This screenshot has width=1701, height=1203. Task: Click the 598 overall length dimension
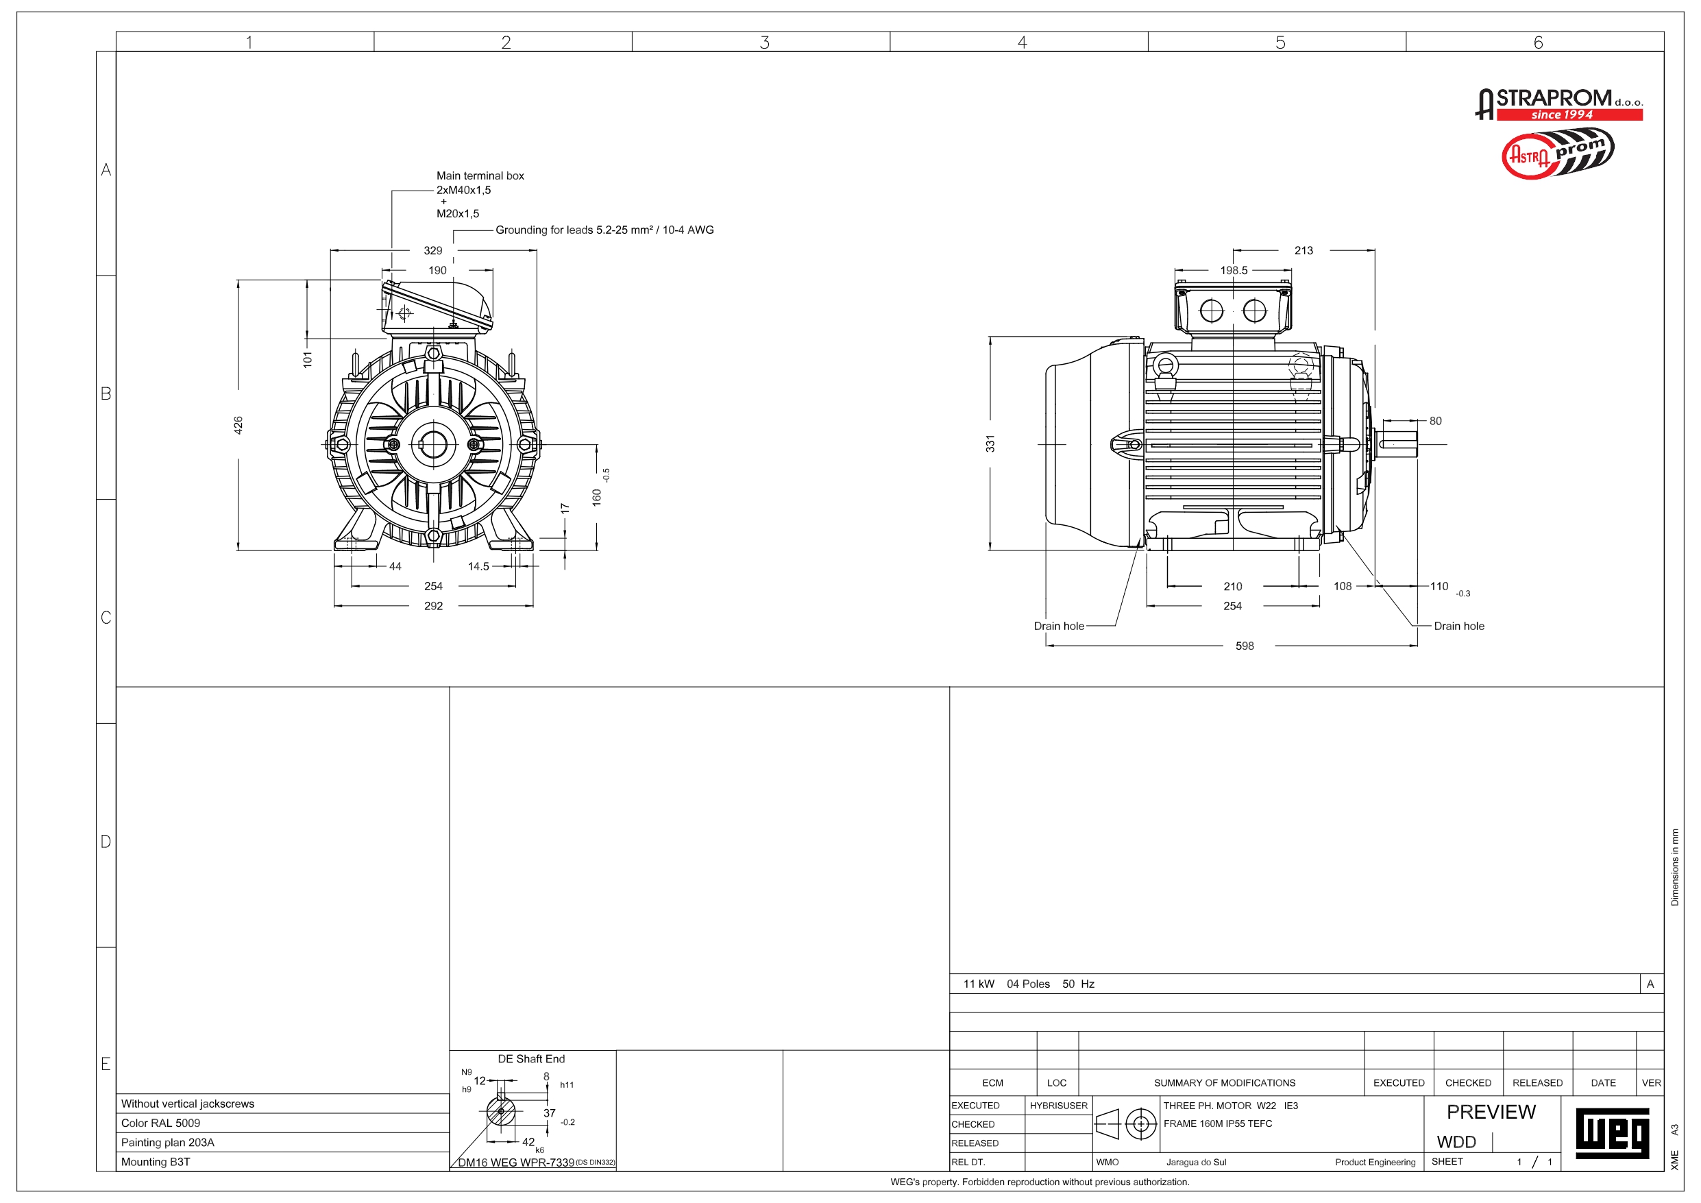point(1244,646)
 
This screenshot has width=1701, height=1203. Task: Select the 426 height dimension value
point(238,425)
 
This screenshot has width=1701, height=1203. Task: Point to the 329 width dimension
point(432,250)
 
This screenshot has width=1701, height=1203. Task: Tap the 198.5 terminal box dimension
point(1234,271)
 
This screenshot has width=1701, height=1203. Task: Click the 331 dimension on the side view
point(990,443)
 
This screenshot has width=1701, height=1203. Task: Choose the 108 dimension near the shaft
point(1343,586)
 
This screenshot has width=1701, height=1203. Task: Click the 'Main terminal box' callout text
point(480,175)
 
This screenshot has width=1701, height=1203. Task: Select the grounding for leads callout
point(604,230)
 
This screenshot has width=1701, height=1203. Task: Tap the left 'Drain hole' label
point(1059,627)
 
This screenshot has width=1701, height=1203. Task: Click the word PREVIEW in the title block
point(1491,1112)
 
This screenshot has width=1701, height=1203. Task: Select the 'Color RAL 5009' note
point(161,1123)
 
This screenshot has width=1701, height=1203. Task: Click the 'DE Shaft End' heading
point(531,1059)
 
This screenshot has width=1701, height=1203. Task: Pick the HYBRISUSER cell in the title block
point(1058,1105)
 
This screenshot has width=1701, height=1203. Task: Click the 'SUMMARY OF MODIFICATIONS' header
point(1224,1083)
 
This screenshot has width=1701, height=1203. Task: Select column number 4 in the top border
point(1022,42)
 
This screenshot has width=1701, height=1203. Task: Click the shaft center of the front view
point(433,445)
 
